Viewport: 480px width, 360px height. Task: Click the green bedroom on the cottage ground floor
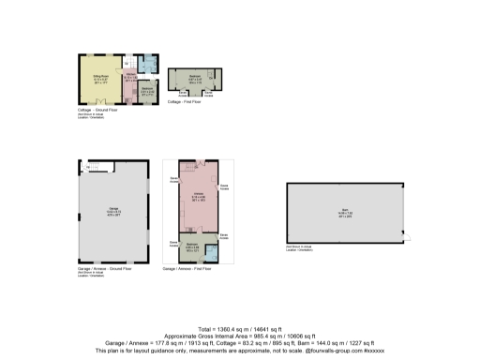[148, 93]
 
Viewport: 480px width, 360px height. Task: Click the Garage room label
[112, 212]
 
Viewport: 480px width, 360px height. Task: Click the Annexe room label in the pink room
[199, 196]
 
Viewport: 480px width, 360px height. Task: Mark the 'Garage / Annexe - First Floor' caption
[187, 269]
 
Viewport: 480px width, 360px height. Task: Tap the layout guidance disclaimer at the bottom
[240, 351]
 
